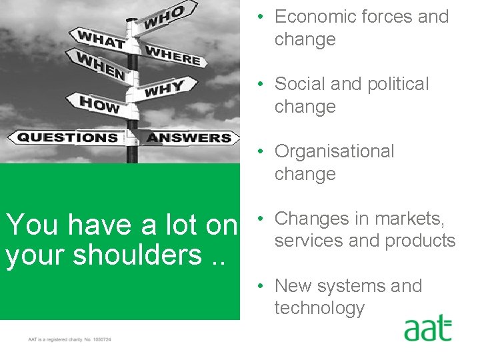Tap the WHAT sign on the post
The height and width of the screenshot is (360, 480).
(x=101, y=39)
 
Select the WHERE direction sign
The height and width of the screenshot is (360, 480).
(x=173, y=55)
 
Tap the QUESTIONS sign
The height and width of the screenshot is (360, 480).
(x=67, y=138)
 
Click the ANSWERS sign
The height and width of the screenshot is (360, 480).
(x=189, y=138)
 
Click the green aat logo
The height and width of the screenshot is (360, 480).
(x=427, y=330)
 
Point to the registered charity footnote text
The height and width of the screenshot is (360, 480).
(x=69, y=339)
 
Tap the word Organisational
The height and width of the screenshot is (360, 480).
(x=334, y=151)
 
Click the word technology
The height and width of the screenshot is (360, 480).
(x=319, y=308)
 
